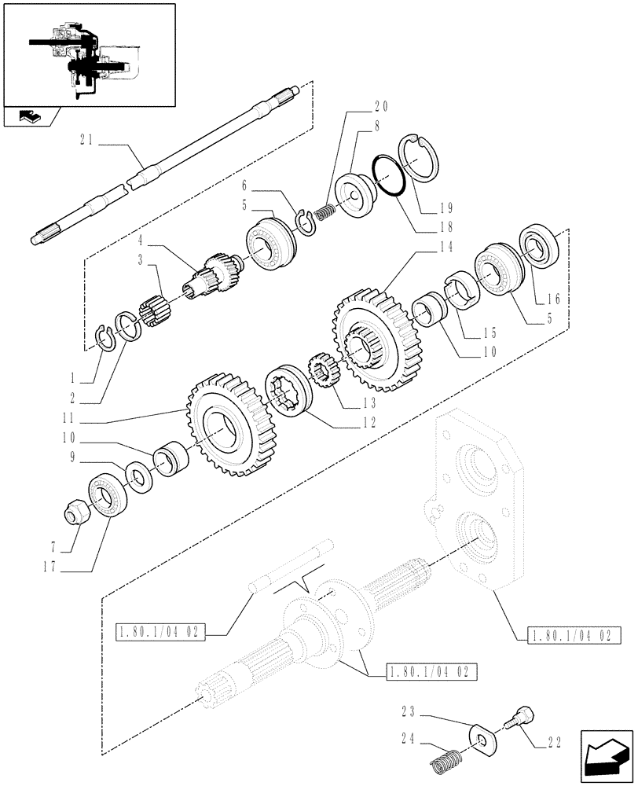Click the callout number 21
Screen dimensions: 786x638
(x=86, y=141)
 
